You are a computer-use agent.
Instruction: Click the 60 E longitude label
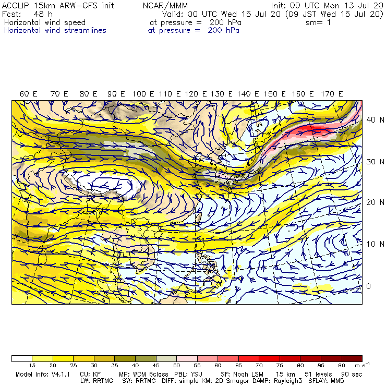click(29, 94)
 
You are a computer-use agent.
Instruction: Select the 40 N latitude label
click(371, 119)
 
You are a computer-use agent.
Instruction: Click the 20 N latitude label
click(371, 202)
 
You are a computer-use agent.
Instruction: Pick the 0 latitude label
click(368, 286)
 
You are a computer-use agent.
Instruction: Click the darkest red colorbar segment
click(354, 358)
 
